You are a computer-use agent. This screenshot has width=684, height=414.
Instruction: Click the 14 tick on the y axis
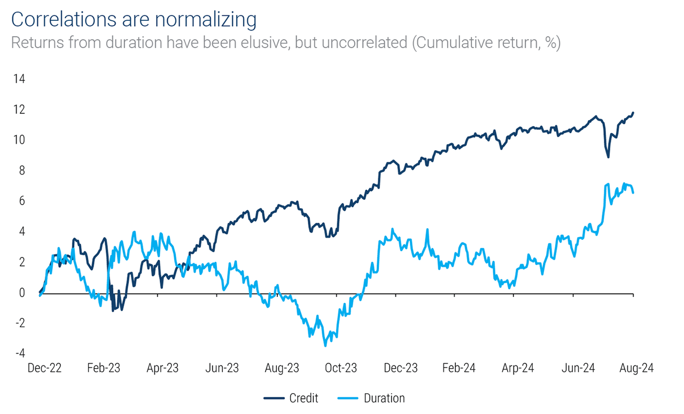point(19,79)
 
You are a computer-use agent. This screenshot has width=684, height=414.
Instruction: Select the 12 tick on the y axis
point(19,110)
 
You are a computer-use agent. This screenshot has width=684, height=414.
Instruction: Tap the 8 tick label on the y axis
point(21,171)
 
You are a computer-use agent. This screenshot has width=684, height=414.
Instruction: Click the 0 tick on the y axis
point(21,293)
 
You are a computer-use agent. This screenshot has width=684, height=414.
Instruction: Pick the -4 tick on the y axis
point(19,354)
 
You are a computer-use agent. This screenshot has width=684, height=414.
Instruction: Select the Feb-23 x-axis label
point(103,368)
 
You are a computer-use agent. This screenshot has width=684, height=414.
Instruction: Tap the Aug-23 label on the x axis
point(282,368)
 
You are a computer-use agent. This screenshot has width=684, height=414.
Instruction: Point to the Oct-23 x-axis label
point(341,368)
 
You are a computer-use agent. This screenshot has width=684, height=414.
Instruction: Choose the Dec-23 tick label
point(401,368)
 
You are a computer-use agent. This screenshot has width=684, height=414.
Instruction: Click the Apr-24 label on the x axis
point(518,368)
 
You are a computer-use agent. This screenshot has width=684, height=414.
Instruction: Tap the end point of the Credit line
point(633,113)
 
